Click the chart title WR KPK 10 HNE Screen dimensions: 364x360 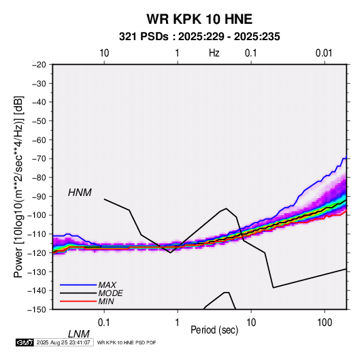pos(199,19)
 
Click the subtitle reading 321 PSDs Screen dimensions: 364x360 pos(144,37)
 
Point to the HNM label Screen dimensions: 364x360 pos(80,193)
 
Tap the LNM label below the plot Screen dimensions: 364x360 pos(79,334)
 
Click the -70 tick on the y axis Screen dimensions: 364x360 pos(39,159)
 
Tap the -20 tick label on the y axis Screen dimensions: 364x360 pos(39,65)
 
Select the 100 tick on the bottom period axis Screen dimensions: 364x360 pos(325,323)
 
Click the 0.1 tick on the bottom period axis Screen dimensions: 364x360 pos(104,323)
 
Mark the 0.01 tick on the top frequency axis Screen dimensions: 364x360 pos(324,53)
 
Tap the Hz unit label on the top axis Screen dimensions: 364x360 pos(214,53)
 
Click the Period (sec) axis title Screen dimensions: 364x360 pos(214,330)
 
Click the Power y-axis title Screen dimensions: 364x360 pos(18,186)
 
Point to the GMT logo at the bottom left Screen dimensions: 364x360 pos(24,342)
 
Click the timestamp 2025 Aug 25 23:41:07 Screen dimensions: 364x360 pos(63,342)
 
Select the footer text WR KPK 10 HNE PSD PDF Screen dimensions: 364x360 pos(127,342)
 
